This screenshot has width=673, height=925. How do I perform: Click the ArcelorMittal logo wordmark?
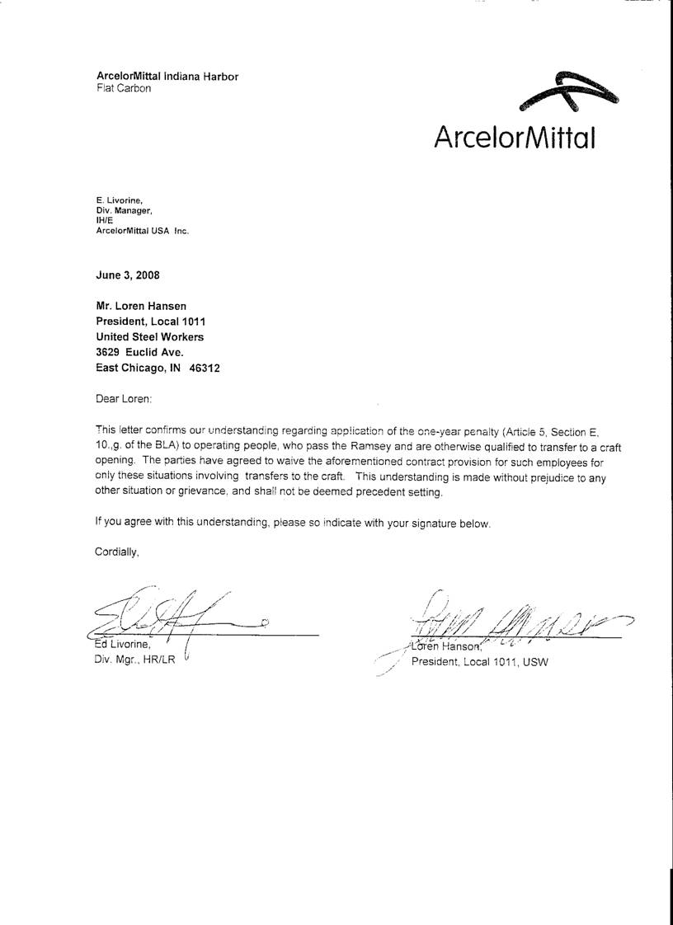coord(514,135)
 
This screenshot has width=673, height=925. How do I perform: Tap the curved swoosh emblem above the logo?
coord(569,93)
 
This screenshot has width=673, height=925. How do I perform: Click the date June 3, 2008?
coord(128,275)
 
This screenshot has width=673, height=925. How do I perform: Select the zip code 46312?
coord(205,369)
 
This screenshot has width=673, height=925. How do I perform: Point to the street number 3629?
coord(108,353)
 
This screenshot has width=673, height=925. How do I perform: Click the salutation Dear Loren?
coord(124,399)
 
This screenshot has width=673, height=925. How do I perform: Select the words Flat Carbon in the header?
coord(124,88)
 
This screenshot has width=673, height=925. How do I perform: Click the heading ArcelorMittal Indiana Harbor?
coord(167,77)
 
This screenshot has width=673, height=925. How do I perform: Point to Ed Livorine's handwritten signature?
coord(173,614)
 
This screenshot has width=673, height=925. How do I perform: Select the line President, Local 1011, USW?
coord(479,662)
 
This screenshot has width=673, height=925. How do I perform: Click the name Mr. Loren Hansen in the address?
coord(142,307)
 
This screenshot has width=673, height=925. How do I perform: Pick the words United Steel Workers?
coord(149,337)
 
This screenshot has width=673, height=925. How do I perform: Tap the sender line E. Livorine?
coord(120,200)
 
